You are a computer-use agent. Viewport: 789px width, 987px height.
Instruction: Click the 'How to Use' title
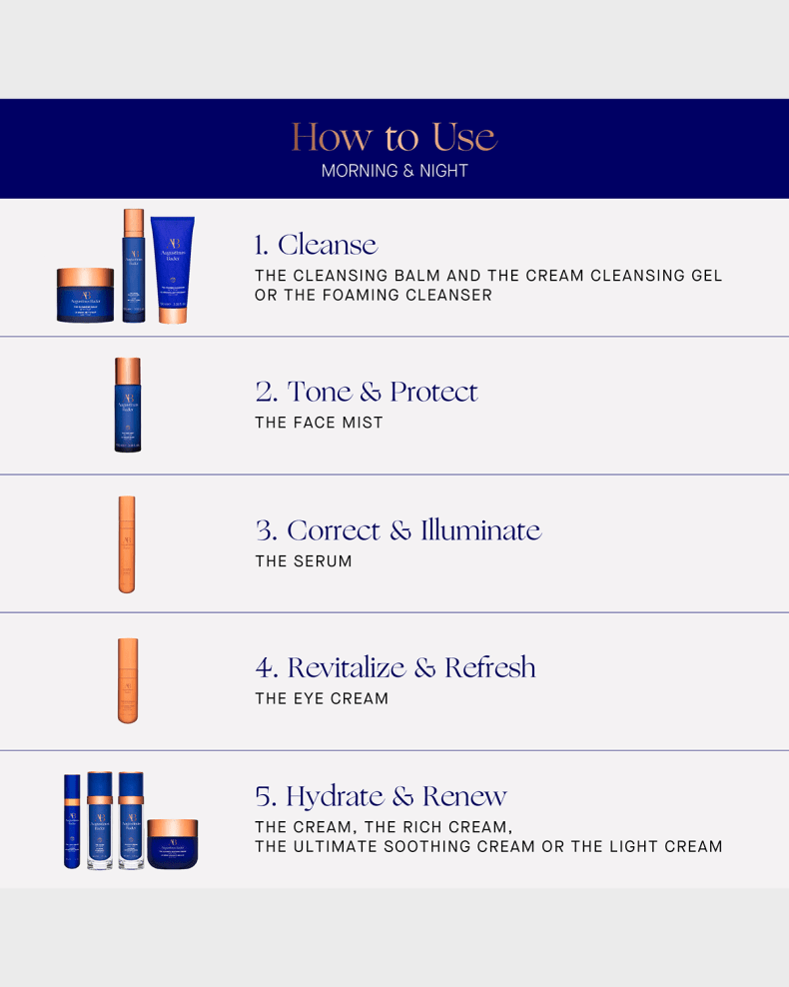pos(394,138)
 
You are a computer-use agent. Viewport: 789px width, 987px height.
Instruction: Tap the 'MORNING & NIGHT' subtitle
pos(394,171)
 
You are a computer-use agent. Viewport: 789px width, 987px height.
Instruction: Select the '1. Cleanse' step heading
pos(316,245)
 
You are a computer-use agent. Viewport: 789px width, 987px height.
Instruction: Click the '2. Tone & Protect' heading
pos(367,392)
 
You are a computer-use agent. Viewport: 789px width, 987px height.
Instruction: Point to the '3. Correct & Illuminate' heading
pos(397,529)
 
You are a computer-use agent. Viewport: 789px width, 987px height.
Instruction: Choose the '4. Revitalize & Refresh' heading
pos(395,667)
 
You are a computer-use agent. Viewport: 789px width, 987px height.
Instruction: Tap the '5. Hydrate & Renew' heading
pos(381,796)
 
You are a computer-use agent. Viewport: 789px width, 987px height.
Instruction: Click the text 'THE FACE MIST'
pos(319,423)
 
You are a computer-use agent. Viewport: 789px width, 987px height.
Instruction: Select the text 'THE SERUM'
pos(304,561)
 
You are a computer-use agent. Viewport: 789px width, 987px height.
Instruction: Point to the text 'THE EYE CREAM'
pos(322,698)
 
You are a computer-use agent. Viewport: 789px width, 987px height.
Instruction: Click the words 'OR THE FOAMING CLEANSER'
pos(373,296)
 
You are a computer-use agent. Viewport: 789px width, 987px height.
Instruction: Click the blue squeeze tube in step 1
pos(172,270)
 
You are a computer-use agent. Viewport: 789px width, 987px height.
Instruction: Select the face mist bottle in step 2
pos(128,405)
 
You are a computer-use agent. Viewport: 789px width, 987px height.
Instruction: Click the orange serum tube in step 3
pos(127,543)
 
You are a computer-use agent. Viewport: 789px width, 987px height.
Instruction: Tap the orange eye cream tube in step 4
pos(127,680)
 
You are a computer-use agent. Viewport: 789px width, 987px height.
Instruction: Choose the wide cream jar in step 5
pos(173,843)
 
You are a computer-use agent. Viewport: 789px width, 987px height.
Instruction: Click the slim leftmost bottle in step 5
pos(72,821)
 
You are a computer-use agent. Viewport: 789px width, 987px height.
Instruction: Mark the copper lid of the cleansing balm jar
pos(85,277)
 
